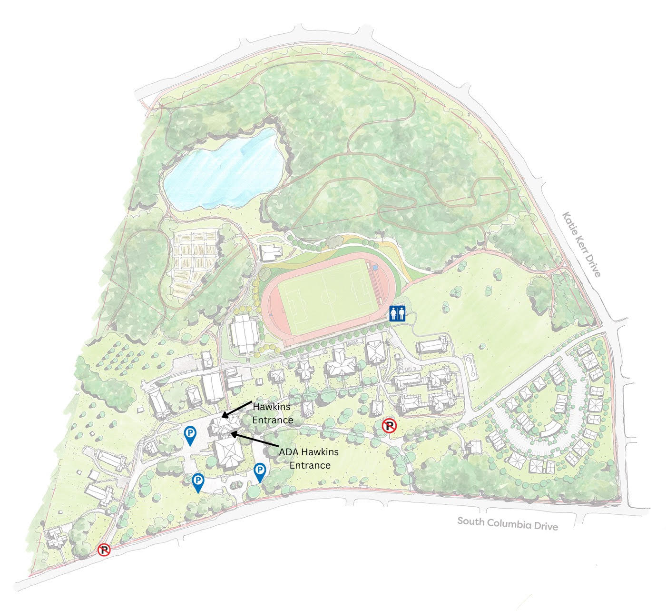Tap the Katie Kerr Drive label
582,244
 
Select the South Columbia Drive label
507,523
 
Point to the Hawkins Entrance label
273,413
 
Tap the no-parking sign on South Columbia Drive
104,551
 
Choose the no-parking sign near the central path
390,426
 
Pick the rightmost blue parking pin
260,472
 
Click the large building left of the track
244,333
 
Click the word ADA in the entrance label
289,451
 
